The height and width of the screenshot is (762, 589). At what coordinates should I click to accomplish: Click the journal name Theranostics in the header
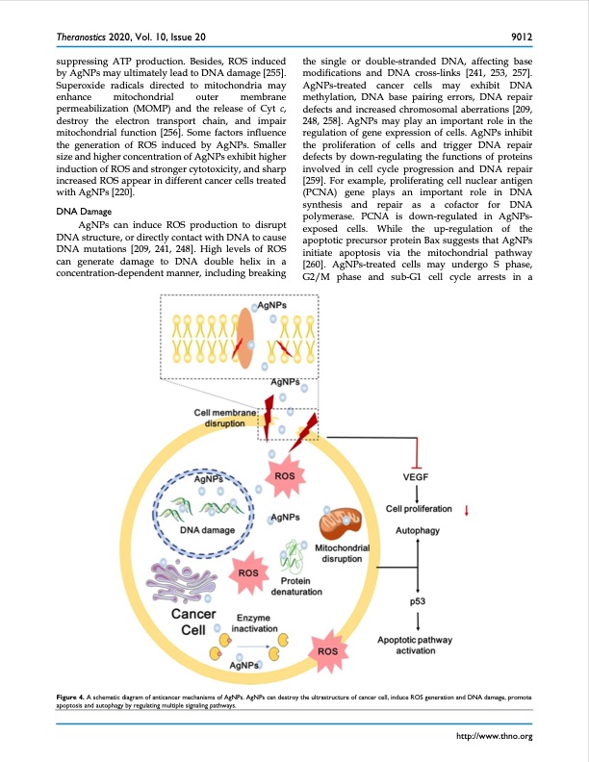pos(82,38)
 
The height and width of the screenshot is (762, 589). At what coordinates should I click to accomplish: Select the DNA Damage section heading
pos(84,210)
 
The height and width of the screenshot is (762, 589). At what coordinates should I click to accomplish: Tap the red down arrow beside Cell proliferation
pos(467,510)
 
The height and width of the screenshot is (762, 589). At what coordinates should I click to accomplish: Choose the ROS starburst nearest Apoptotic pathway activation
pos(327,651)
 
